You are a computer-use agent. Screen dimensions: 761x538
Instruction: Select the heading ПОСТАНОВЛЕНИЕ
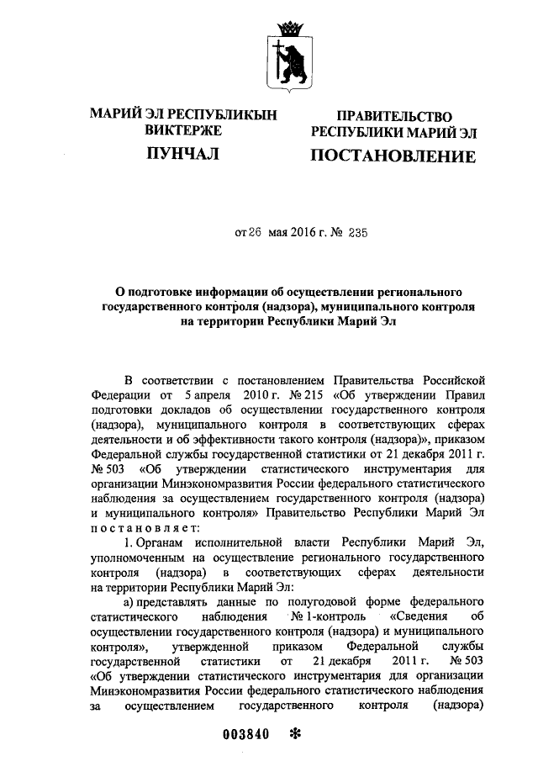point(393,156)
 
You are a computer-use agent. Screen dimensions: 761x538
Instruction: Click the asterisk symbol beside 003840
point(293,733)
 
